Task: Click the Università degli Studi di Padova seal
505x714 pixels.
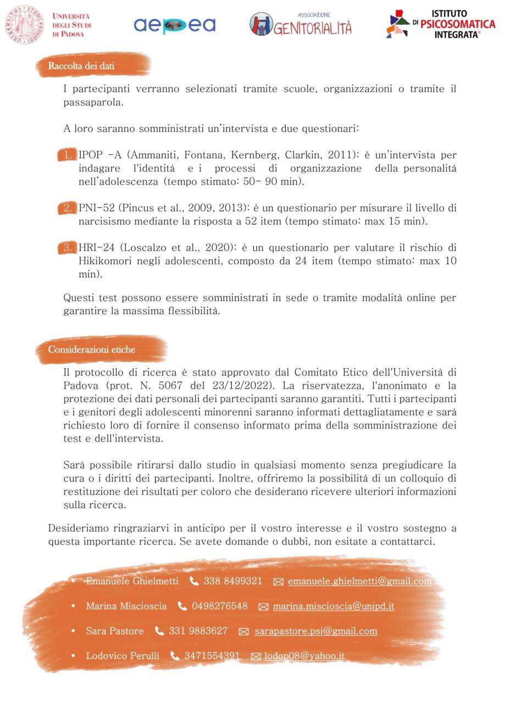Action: click(24, 25)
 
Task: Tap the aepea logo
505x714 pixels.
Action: click(174, 25)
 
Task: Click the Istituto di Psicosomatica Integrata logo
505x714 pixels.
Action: click(441, 24)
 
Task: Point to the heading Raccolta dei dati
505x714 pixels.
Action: click(81, 66)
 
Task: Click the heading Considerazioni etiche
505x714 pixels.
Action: click(91, 349)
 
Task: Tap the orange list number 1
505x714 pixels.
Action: click(67, 155)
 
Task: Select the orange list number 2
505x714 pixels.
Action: click(67, 208)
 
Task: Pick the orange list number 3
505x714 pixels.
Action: click(67, 248)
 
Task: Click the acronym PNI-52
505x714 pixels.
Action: click(97, 208)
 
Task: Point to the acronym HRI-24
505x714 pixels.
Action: click(97, 248)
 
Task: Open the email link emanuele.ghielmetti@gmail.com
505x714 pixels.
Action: click(359, 581)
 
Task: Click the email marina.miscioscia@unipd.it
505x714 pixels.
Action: click(333, 606)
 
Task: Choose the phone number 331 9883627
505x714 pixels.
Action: click(198, 631)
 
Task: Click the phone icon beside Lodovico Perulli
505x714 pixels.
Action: click(175, 656)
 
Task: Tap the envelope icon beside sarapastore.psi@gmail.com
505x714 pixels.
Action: click(243, 632)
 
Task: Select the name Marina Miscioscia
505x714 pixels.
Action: click(126, 606)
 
